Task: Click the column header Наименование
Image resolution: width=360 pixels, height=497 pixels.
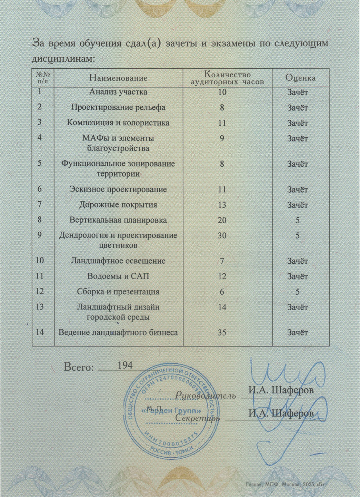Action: coord(118,78)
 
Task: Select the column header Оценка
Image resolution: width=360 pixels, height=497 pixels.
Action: coord(300,78)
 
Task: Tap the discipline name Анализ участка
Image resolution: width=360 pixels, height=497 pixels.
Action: coord(118,92)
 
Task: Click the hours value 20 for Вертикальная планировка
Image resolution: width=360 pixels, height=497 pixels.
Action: coord(222,220)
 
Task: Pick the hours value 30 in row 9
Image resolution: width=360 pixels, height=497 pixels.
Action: coord(222,235)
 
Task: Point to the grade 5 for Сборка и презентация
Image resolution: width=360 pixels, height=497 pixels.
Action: coord(298,292)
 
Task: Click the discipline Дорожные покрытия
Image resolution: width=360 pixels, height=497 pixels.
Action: coord(118,205)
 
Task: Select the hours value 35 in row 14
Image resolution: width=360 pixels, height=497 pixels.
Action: coord(222,333)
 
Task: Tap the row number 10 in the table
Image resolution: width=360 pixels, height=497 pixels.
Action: coord(40,260)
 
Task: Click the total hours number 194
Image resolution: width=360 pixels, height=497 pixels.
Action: coord(125,365)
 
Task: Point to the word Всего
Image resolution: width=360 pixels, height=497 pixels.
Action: coord(79,367)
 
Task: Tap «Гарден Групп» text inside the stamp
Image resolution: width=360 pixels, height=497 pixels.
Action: coord(172,411)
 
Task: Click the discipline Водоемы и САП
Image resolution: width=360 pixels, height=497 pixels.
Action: coord(118,276)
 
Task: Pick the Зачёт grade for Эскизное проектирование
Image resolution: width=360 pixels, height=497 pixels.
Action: coord(298,190)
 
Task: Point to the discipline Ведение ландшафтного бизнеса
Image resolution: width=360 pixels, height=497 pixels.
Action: coord(118,333)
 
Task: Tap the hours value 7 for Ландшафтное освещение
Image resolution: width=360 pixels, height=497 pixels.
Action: coord(222,261)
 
